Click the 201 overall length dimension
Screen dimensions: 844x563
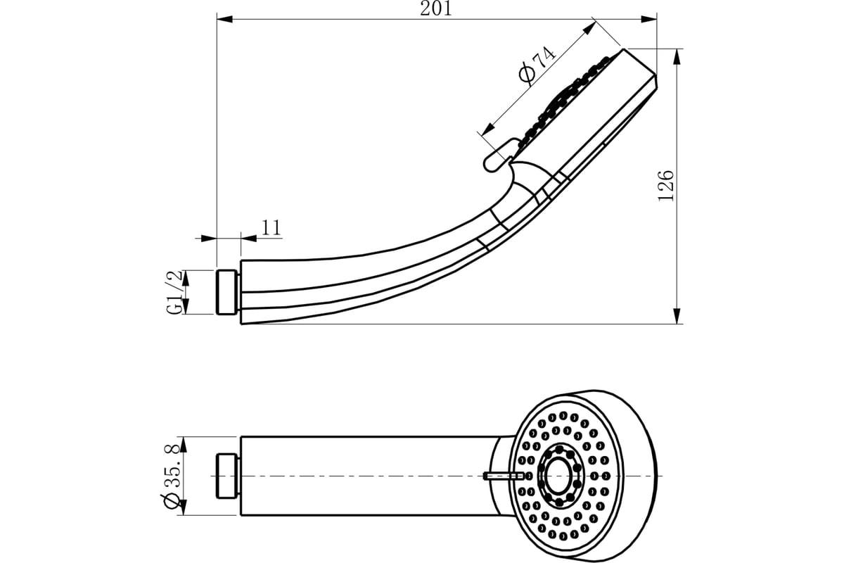(436, 8)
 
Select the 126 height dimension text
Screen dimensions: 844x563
(665, 186)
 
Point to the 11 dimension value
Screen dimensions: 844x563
(271, 227)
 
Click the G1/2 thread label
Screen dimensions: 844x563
(174, 292)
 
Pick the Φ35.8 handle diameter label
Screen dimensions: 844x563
(172, 476)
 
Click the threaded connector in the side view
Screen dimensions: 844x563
(228, 292)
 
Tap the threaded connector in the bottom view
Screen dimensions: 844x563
(228, 476)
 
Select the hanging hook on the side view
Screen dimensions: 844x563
(498, 158)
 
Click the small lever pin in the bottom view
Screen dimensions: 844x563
(504, 476)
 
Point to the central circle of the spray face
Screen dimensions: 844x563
(559, 476)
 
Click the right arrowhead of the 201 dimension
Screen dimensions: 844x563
(648, 18)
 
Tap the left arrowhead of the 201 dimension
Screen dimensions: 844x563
(225, 18)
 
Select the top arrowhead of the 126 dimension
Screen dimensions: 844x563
(677, 57)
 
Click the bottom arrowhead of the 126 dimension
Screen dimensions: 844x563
(677, 316)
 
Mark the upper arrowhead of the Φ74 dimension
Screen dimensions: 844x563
(589, 29)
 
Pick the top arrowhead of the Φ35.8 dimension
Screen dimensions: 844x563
(183, 445)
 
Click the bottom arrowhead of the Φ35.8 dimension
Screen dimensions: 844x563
(183, 507)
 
